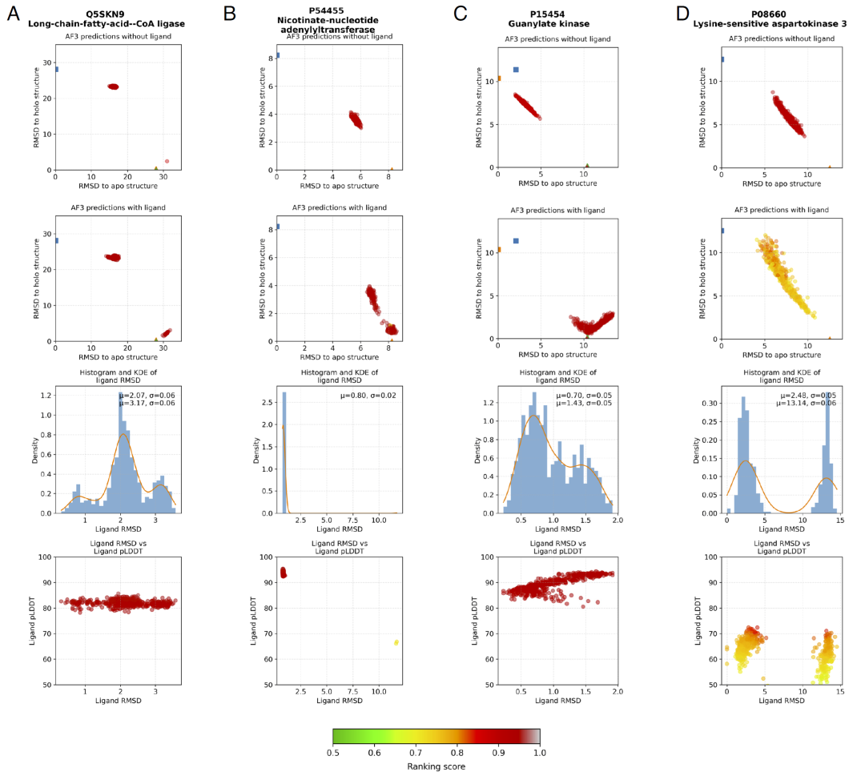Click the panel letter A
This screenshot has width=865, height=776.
[14, 14]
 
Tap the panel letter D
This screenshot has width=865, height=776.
[682, 14]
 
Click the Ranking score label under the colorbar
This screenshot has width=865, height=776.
[436, 766]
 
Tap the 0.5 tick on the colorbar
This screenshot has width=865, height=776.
[332, 752]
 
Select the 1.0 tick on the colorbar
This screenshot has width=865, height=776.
[539, 752]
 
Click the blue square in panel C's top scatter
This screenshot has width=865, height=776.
[516, 70]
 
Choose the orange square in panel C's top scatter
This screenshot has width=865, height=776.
[498, 78]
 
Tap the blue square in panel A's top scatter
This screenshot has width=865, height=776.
[55, 69]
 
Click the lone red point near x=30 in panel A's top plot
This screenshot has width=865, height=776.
[167, 161]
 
